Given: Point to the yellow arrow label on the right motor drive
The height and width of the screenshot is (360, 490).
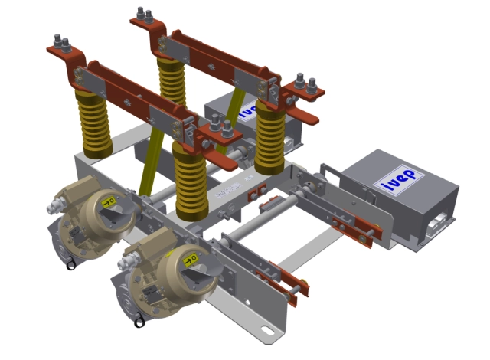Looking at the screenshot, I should coord(187,261).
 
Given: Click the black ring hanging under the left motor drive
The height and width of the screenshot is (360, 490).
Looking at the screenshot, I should coord(70,266).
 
